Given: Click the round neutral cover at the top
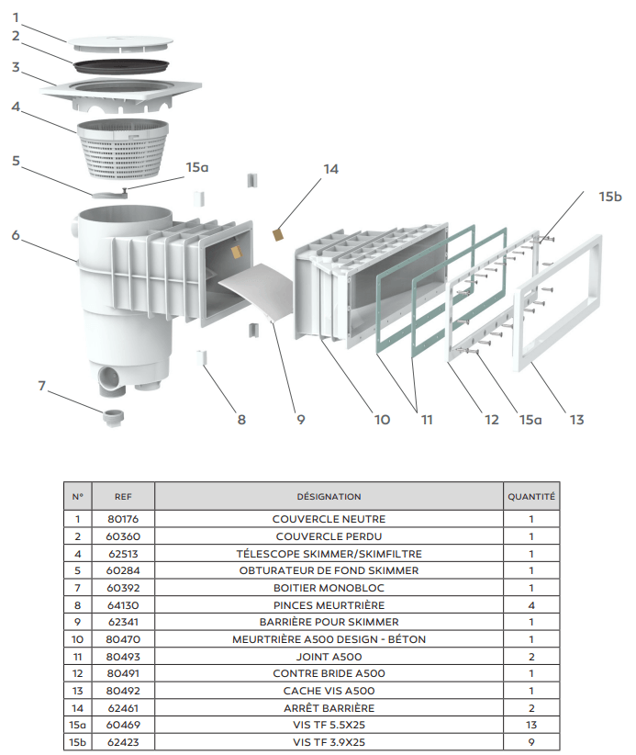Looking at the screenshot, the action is [120, 42].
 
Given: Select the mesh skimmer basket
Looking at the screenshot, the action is [123, 148].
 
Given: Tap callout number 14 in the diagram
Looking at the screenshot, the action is [330, 169].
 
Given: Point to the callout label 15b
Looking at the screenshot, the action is [610, 197].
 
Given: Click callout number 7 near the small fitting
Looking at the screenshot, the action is [42, 386].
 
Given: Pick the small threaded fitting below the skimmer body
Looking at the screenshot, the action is [114, 417].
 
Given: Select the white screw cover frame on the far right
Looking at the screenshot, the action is [558, 303].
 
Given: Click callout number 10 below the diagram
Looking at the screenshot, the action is [382, 420].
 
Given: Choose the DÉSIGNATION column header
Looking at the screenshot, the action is [329, 496].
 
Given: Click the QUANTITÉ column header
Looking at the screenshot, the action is [531, 496].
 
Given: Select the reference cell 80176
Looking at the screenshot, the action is [123, 519].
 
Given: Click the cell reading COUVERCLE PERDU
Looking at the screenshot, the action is [329, 536].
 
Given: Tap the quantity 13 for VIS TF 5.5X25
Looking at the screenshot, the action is [531, 725].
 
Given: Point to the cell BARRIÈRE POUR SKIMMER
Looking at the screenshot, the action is [329, 622].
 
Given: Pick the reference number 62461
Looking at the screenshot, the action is [123, 708].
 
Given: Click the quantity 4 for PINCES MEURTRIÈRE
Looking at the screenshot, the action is [531, 605].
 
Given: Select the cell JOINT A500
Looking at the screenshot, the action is [329, 657].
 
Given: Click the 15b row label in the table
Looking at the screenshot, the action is [77, 742].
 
